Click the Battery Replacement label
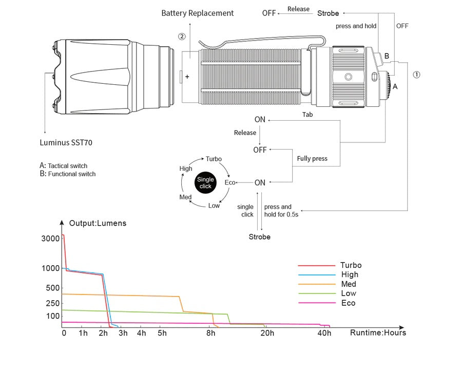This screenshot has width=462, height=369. pyautogui.click(x=197, y=13)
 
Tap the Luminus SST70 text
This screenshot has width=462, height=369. pyautogui.click(x=66, y=142)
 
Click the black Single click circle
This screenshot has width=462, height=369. pyautogui.click(x=205, y=182)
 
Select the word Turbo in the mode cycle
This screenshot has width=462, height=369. pyautogui.click(x=214, y=159)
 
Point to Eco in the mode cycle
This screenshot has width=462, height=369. pyautogui.click(x=230, y=182)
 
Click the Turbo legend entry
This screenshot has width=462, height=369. pyautogui.click(x=351, y=265)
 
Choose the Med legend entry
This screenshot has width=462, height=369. pyautogui.click(x=349, y=284)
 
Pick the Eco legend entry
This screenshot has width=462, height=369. pyautogui.click(x=349, y=303)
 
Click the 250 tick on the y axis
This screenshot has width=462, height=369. pyautogui.click(x=52, y=303)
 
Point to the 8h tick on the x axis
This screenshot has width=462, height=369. pyautogui.click(x=211, y=333)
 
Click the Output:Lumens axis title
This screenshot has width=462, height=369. pyautogui.click(x=98, y=223)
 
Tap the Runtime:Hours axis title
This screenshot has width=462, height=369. pyautogui.click(x=378, y=333)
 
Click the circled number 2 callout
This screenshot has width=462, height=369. pyautogui.click(x=182, y=36)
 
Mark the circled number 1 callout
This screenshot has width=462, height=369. pyautogui.click(x=417, y=75)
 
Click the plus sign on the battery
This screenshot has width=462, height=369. pyautogui.click(x=187, y=77)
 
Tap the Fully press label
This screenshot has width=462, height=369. pyautogui.click(x=312, y=159)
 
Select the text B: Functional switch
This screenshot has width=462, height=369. pyautogui.click(x=68, y=174)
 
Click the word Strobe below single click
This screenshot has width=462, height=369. pyautogui.click(x=260, y=237)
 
